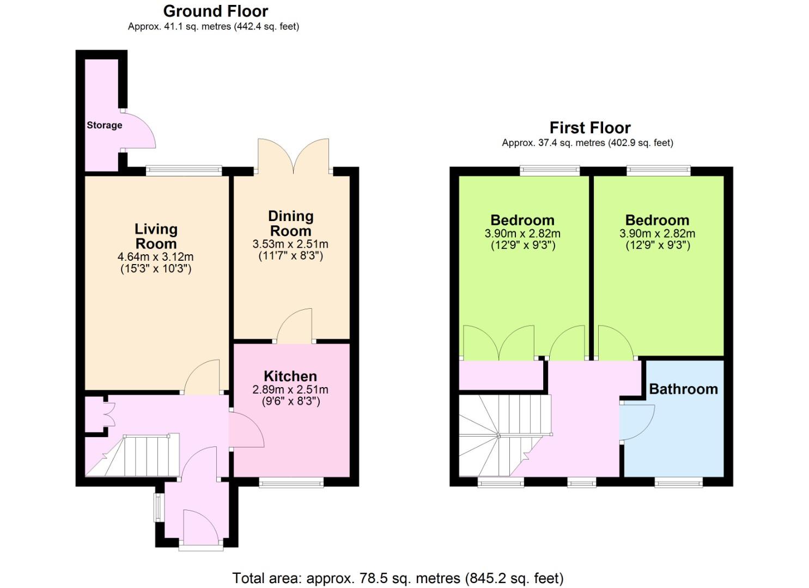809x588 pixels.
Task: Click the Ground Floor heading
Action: [216, 11]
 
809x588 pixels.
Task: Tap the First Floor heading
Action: [590, 128]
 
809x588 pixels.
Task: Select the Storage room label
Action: [105, 125]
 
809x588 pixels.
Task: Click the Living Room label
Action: [156, 236]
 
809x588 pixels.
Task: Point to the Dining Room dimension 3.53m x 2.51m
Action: [290, 244]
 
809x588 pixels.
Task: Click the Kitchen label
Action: [290, 376]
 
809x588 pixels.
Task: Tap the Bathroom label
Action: [683, 389]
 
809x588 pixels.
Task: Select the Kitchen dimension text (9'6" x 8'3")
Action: [291, 401]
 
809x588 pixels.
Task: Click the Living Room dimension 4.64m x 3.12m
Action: [156, 257]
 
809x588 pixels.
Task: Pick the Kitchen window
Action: [291, 482]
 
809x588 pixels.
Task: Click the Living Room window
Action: [184, 170]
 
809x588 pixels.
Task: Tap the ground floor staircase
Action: [133, 455]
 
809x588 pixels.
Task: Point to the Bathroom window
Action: [679, 482]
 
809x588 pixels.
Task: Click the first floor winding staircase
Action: [505, 436]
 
